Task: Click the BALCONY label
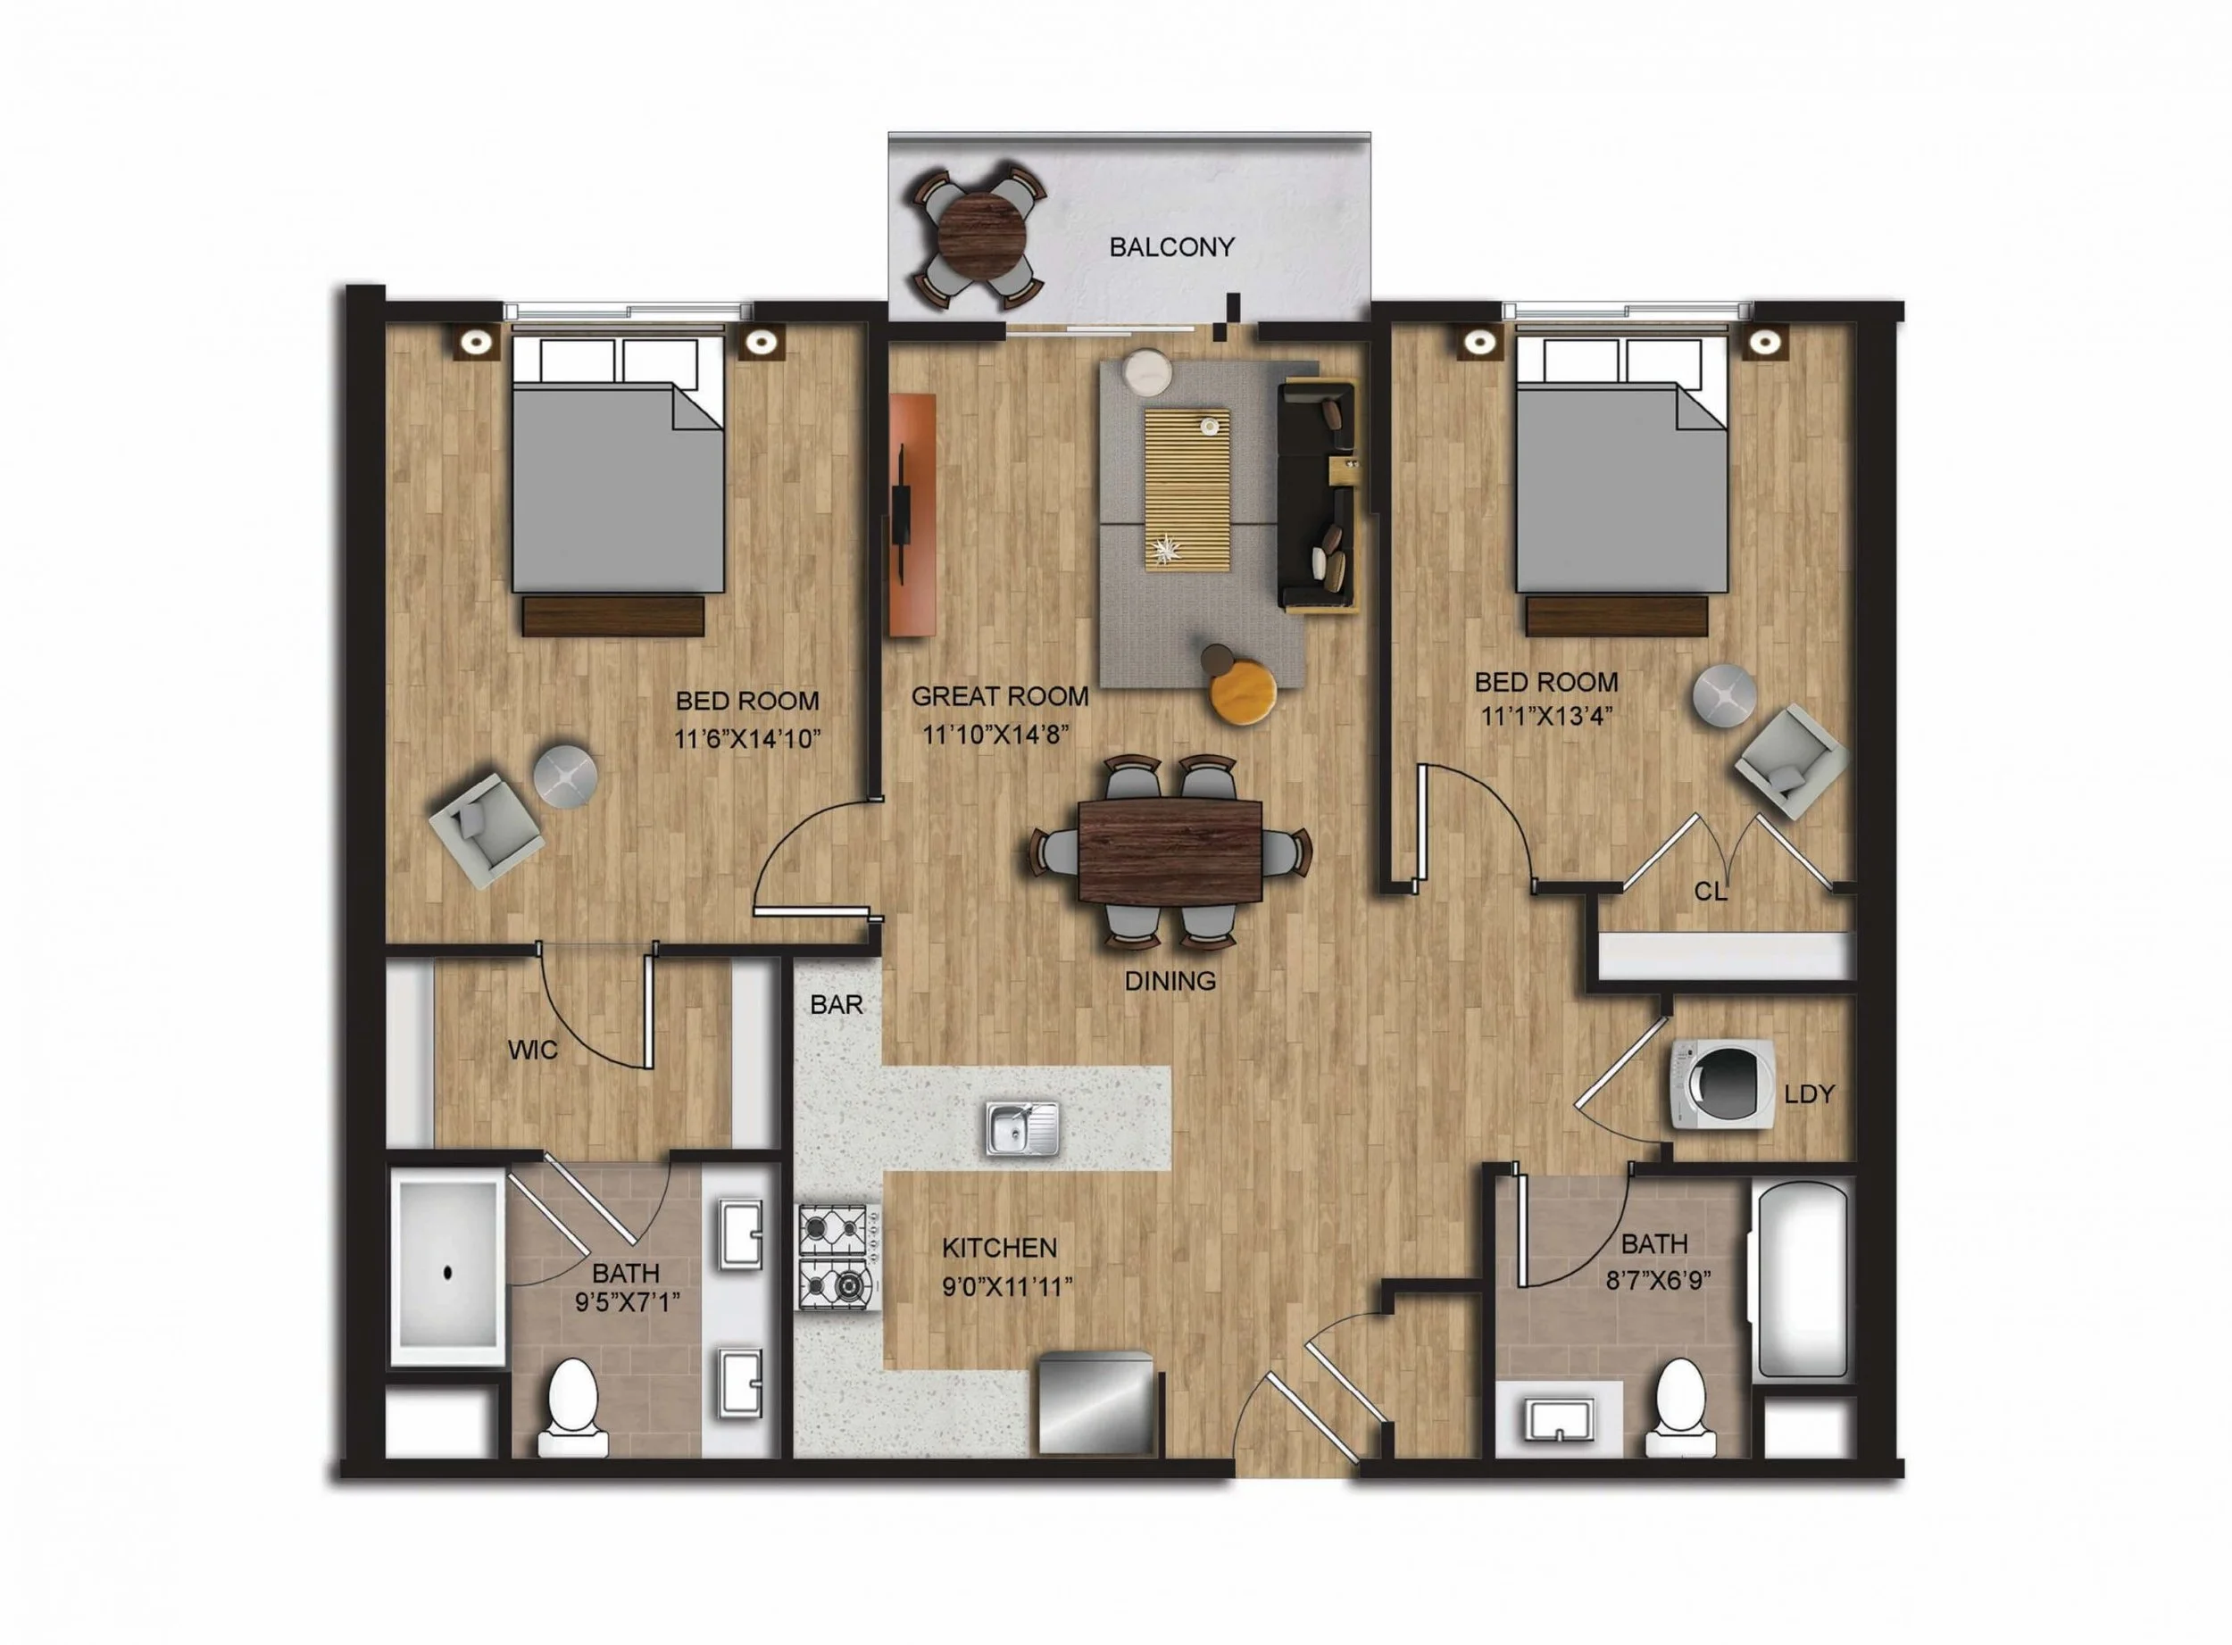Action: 1171,247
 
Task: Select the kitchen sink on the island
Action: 1022,1128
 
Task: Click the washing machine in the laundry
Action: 1723,1084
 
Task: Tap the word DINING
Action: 1170,981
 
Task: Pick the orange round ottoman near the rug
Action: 1243,689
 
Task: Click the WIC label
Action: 533,1050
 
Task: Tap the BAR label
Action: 837,1005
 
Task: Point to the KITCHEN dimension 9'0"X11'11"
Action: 1007,1287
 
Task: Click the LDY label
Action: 1809,1094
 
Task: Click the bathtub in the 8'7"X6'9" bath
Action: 1800,1280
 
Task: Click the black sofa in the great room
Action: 1317,494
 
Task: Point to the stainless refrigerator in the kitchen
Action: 1096,1403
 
